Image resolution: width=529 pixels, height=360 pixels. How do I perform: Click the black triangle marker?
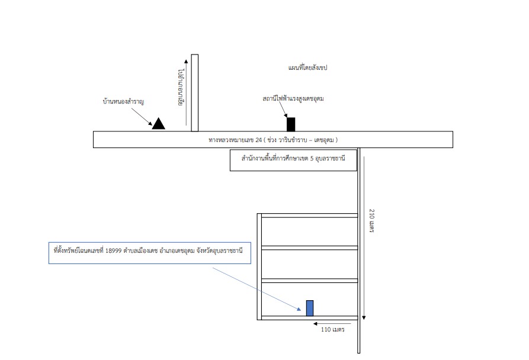tap(159, 124)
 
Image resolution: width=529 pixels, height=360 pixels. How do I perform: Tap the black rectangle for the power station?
tap(291, 124)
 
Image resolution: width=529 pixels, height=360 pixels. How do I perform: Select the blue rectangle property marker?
tap(310, 308)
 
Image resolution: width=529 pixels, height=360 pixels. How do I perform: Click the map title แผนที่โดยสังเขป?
tap(307, 67)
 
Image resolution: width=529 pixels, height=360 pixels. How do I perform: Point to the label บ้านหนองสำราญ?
tap(123, 101)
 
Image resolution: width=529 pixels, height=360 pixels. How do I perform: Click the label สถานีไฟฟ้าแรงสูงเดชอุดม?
tap(293, 99)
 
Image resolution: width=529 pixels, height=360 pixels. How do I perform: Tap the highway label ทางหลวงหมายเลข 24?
tap(235, 140)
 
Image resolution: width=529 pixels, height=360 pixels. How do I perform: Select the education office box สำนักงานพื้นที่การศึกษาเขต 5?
tap(293, 160)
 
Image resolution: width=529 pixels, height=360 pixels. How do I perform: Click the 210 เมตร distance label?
tap(372, 221)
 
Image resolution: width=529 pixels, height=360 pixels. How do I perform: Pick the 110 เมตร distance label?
tap(333, 330)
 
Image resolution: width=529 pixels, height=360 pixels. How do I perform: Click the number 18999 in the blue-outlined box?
tap(113, 251)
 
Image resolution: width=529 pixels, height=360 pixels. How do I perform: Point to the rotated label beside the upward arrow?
tap(181, 88)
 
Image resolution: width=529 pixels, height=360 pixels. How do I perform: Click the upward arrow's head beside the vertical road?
tap(186, 62)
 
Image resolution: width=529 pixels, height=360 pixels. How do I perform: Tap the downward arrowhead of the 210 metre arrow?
tap(364, 317)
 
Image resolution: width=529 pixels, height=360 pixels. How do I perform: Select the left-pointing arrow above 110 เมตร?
tap(332, 324)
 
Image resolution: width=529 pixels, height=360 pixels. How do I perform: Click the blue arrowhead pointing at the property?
tap(299, 308)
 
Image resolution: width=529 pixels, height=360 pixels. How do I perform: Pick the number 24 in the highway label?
tap(259, 140)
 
